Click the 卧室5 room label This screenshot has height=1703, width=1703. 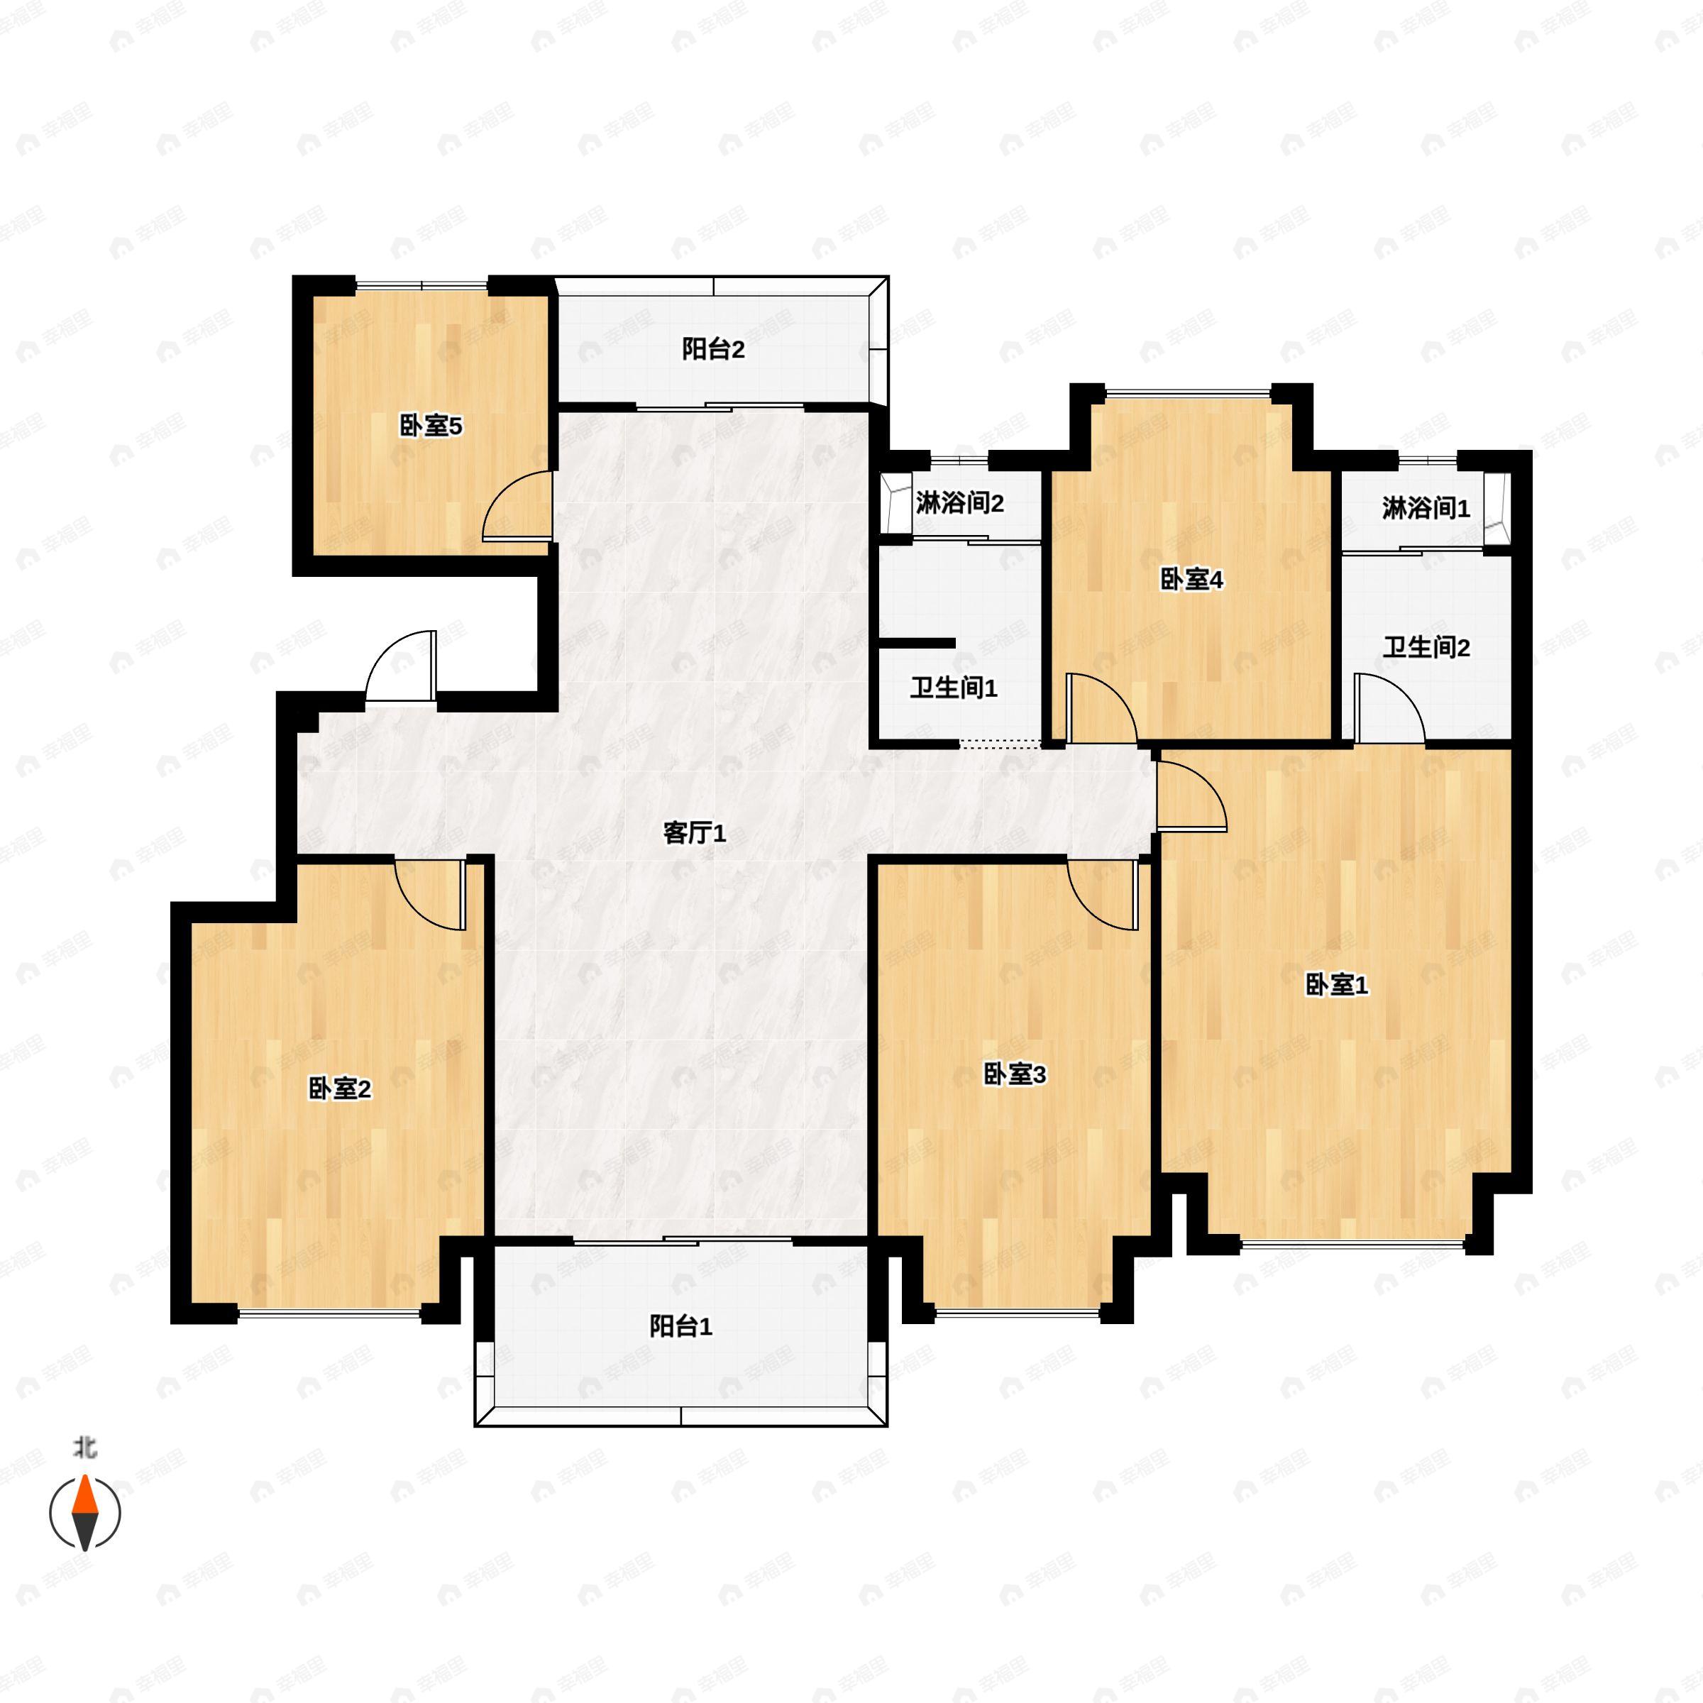coord(431,426)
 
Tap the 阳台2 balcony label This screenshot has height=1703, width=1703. coord(713,350)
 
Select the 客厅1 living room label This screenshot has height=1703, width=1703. coord(695,833)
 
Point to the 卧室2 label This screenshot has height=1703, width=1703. coord(339,1089)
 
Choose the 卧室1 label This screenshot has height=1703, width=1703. coord(1336,986)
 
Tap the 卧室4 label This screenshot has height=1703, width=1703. coord(1192,580)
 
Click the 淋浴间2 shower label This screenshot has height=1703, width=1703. coord(960,503)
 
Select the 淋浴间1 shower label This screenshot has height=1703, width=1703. coord(1426,509)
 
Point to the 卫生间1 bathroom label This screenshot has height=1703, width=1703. coord(954,688)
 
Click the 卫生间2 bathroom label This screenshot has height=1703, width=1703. coord(1426,648)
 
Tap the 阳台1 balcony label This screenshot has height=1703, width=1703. coord(680,1327)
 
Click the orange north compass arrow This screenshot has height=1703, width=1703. coord(84,1496)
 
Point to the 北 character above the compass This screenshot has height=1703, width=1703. coord(84,1448)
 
